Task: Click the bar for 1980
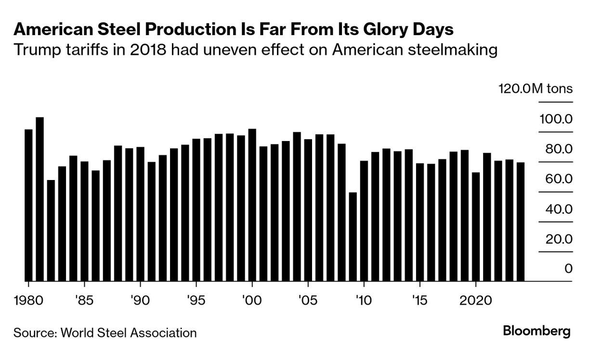(28, 205)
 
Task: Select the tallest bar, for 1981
(39, 199)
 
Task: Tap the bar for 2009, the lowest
(353, 236)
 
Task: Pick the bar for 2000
(252, 205)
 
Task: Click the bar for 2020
(476, 226)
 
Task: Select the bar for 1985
(84, 221)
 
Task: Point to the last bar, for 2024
(521, 221)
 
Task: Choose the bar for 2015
(420, 222)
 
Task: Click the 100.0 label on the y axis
(556, 119)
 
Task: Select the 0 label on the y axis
(568, 269)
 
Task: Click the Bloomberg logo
(537, 331)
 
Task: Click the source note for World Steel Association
(105, 333)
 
